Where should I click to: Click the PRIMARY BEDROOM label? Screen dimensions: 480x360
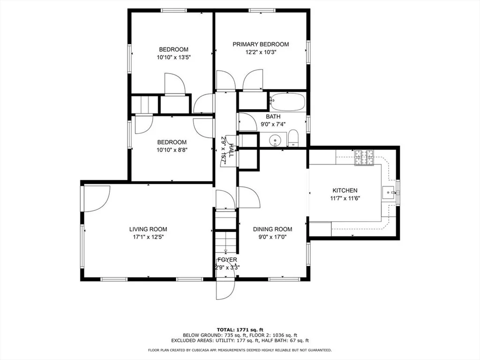(261, 45)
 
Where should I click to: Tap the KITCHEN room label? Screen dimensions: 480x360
(345, 190)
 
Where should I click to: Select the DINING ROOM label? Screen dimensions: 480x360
(272, 229)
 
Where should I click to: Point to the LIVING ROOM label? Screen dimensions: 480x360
(148, 229)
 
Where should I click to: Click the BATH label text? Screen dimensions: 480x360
(273, 117)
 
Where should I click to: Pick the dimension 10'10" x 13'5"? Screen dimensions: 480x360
(173, 57)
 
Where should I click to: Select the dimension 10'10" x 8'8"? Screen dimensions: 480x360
(172, 150)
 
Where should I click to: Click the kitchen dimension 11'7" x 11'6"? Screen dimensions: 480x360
(345, 198)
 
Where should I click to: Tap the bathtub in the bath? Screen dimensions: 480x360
(287, 102)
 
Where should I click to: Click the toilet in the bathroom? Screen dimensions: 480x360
(293, 138)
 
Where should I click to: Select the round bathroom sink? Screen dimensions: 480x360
(275, 141)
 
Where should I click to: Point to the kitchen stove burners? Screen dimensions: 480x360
(364, 157)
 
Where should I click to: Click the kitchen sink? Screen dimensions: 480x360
(389, 193)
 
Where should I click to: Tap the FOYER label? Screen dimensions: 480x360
(227, 260)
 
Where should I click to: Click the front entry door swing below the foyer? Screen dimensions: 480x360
(225, 289)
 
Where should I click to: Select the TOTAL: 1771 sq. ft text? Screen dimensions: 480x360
(240, 330)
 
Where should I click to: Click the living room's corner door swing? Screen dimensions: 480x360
(97, 199)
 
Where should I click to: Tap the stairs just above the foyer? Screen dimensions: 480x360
(225, 242)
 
